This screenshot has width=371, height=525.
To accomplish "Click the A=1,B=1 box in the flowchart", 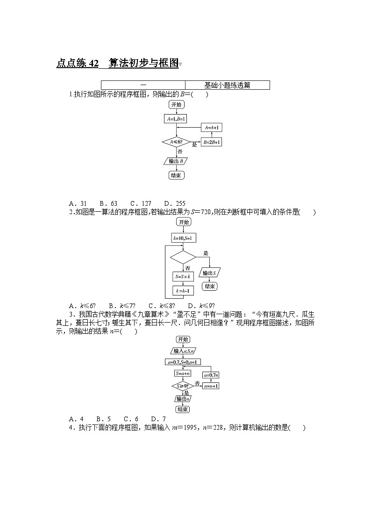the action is point(176,119).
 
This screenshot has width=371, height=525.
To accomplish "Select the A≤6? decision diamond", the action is point(176,142).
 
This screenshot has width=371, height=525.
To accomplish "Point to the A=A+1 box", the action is point(212,127).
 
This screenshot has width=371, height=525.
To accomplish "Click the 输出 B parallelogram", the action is point(176,161).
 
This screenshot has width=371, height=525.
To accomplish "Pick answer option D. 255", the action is point(175,203).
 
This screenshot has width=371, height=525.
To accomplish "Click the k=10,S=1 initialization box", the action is point(183,238).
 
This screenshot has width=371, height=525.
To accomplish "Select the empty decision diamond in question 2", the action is point(183,257).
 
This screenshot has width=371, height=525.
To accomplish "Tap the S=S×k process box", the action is point(183,276).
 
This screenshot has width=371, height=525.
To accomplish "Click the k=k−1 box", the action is point(183,291).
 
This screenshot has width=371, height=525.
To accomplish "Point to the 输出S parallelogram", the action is point(209,273).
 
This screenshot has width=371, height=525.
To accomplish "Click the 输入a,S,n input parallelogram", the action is point(183,351).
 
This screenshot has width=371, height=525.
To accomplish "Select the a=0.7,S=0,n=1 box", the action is point(183,362).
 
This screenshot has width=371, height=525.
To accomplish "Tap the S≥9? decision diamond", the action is point(183,386).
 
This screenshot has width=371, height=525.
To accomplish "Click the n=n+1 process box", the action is point(211,386).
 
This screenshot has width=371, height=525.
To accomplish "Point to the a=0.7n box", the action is point(211,375).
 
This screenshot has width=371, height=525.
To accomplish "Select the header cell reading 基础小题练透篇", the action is point(227,85).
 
